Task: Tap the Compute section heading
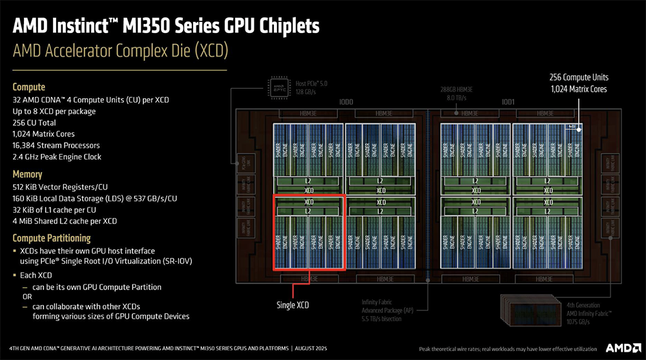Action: (x=29, y=87)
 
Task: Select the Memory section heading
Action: (x=28, y=174)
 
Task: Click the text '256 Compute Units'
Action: (x=578, y=77)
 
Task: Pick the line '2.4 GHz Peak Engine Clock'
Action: (x=57, y=157)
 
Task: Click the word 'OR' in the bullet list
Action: (x=26, y=296)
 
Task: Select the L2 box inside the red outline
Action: (x=309, y=211)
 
